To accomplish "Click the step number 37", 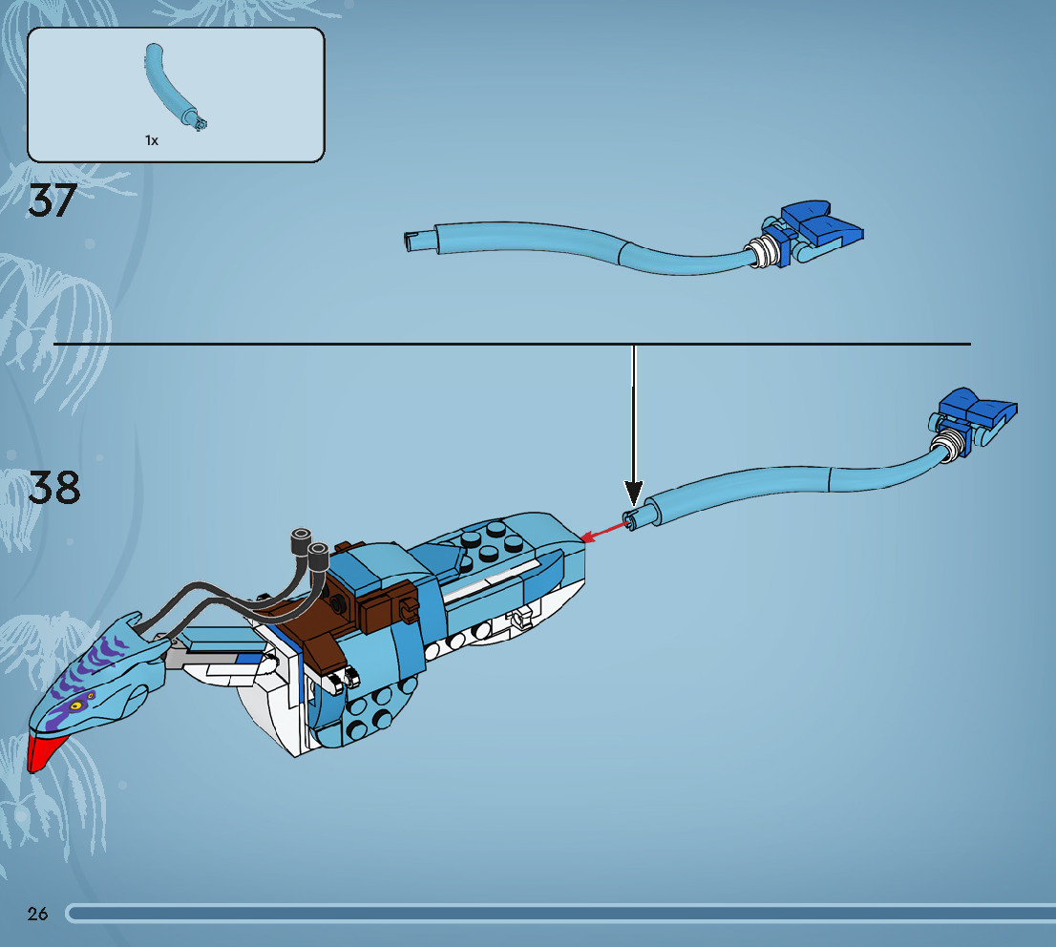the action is click(x=52, y=200).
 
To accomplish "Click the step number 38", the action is click(x=54, y=487).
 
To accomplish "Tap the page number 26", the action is click(x=38, y=914).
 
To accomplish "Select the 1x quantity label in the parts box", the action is click(x=152, y=140).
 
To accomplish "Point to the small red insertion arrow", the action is click(x=602, y=532).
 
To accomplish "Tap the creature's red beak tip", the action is click(x=40, y=752).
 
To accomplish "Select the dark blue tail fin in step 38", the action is click(x=976, y=410).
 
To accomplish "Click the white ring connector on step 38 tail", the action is click(x=948, y=445).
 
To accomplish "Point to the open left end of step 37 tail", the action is click(x=411, y=242).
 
